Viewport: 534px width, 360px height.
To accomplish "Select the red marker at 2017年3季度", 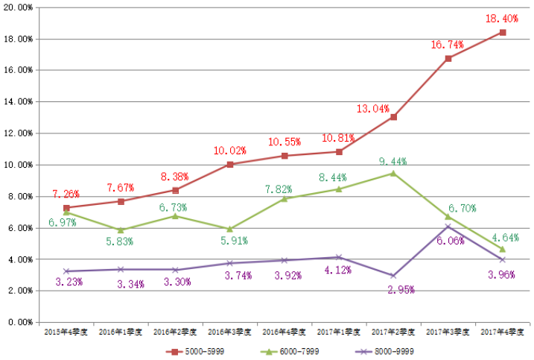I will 448,58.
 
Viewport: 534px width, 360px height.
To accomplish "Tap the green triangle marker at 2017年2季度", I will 394,173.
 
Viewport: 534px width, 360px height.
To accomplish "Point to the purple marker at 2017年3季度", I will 448,227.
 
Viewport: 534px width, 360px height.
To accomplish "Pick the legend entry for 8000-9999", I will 392,350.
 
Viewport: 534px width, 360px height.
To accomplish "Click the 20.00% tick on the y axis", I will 18,39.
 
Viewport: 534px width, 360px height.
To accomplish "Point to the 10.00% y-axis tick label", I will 18,165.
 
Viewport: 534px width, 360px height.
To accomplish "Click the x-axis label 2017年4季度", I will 503,332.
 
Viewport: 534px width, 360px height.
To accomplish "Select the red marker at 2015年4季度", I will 67,208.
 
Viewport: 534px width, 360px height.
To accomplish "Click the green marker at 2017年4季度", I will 503,249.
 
